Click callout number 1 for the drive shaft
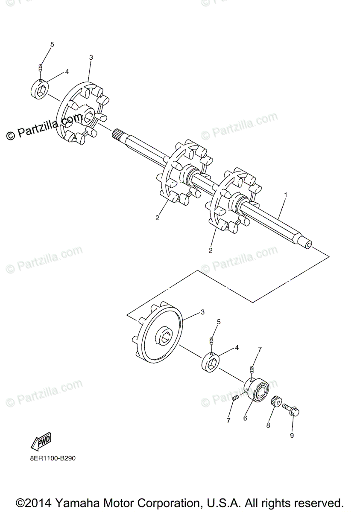(x=286, y=195)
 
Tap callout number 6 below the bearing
(x=245, y=419)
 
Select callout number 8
(x=268, y=425)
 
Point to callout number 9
(x=293, y=436)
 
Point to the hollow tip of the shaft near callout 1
(x=307, y=246)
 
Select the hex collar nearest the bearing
(x=211, y=361)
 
